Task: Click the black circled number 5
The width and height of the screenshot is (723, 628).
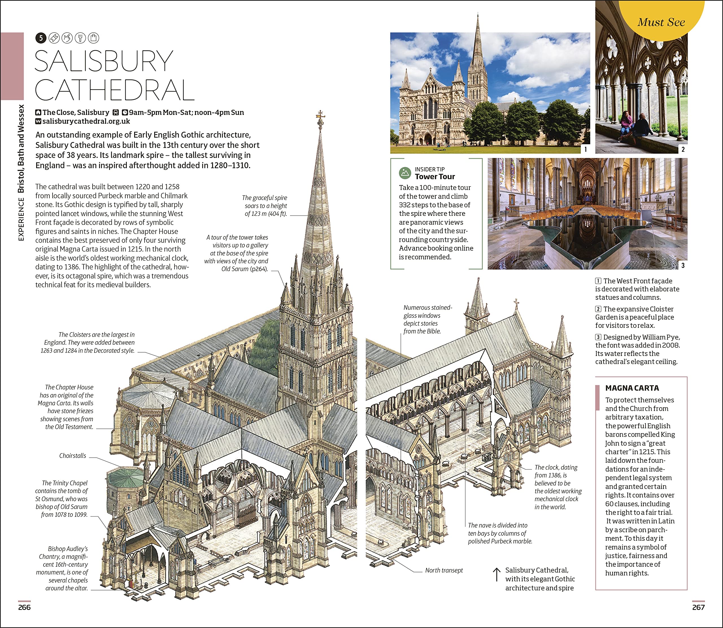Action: tap(41, 38)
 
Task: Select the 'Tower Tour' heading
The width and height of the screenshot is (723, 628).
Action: tap(435, 177)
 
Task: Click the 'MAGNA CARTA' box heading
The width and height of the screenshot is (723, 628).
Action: tap(632, 388)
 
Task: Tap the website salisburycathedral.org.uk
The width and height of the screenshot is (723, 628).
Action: tap(86, 121)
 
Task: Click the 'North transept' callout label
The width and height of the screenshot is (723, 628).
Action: tap(444, 570)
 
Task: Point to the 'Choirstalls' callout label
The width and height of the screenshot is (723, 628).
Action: tap(73, 456)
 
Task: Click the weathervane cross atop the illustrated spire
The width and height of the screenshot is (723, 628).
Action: tap(320, 116)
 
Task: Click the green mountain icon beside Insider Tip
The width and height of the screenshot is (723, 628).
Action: tap(405, 173)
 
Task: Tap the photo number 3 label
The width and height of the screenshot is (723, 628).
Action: tap(683, 265)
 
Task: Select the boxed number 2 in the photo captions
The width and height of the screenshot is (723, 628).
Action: tap(598, 309)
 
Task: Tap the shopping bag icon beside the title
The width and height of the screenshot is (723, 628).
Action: tap(93, 38)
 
